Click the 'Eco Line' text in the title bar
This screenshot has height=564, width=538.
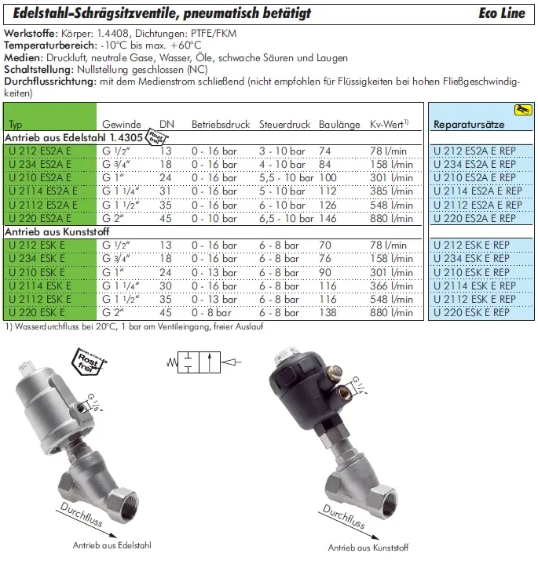[x=502, y=13]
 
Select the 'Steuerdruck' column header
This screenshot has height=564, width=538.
[x=284, y=125]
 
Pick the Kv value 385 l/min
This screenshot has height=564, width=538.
[x=391, y=191]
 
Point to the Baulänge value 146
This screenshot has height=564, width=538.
[x=328, y=218]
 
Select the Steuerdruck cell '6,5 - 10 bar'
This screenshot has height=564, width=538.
[x=287, y=218]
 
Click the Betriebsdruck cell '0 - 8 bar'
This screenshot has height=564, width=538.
[x=211, y=312]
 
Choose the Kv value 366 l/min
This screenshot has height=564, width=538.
[x=391, y=286]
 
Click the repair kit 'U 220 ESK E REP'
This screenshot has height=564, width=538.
[x=471, y=312]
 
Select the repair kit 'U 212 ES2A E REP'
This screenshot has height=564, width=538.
[x=474, y=151]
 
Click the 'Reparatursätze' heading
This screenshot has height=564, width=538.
[x=469, y=125]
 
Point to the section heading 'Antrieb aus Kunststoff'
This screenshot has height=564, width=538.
[x=57, y=232]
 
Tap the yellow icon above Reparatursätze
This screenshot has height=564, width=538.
[x=523, y=110]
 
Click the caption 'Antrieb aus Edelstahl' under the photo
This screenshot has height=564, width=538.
[x=112, y=545]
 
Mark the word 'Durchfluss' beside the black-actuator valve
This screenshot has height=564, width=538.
[x=344, y=516]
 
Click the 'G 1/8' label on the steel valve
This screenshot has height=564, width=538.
[x=94, y=402]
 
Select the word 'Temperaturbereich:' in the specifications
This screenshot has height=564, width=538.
[x=50, y=45]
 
